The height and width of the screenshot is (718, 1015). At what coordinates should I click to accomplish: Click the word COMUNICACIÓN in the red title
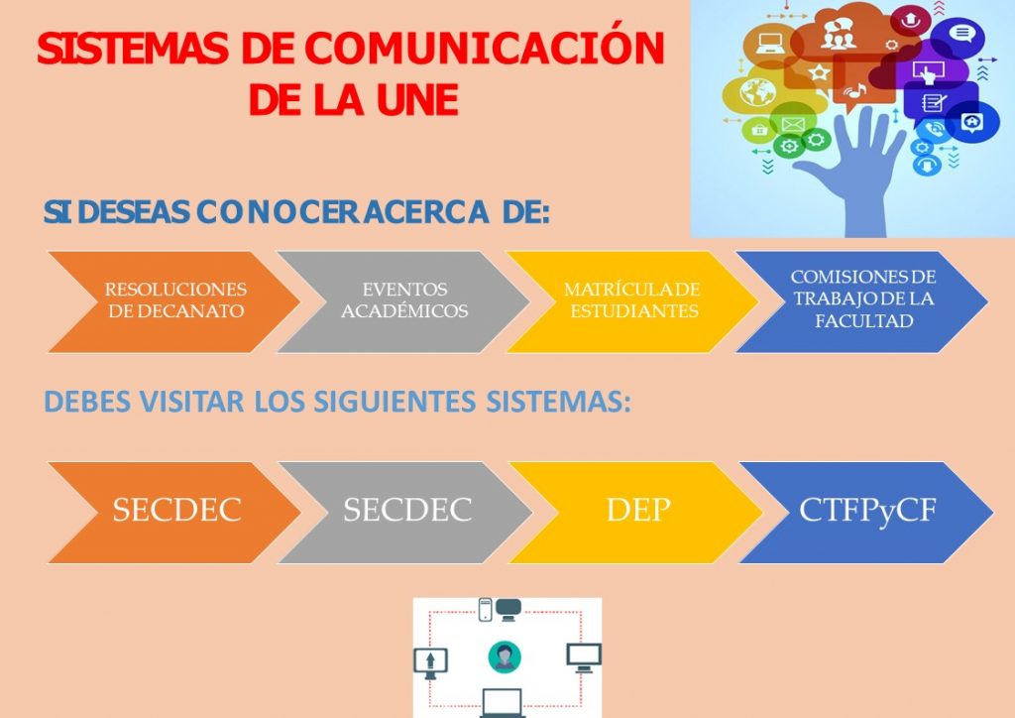484,47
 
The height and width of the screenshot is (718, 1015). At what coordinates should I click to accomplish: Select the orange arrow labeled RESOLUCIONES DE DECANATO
174,301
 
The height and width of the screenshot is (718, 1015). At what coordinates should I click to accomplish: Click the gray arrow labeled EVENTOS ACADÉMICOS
404,301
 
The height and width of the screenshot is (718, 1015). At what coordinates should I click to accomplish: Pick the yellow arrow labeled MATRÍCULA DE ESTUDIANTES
632,301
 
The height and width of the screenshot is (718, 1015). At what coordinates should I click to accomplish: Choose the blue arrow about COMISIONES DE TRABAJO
862,301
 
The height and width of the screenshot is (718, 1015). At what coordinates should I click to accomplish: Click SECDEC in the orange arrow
176,510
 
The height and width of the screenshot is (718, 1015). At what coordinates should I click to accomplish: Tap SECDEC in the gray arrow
407,510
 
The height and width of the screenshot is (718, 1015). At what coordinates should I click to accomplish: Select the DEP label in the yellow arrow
638,510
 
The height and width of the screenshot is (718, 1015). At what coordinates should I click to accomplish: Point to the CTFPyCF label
867,510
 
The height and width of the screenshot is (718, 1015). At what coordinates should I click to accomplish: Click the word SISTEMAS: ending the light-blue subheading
558,402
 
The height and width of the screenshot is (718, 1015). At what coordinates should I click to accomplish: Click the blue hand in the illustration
854,174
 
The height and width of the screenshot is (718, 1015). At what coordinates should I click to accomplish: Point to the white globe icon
757,92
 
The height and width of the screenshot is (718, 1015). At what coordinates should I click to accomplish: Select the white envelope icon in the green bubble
792,124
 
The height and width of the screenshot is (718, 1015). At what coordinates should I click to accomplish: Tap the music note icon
854,91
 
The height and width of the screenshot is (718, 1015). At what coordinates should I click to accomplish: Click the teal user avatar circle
505,657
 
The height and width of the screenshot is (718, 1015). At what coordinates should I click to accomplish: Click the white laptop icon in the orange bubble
769,44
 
